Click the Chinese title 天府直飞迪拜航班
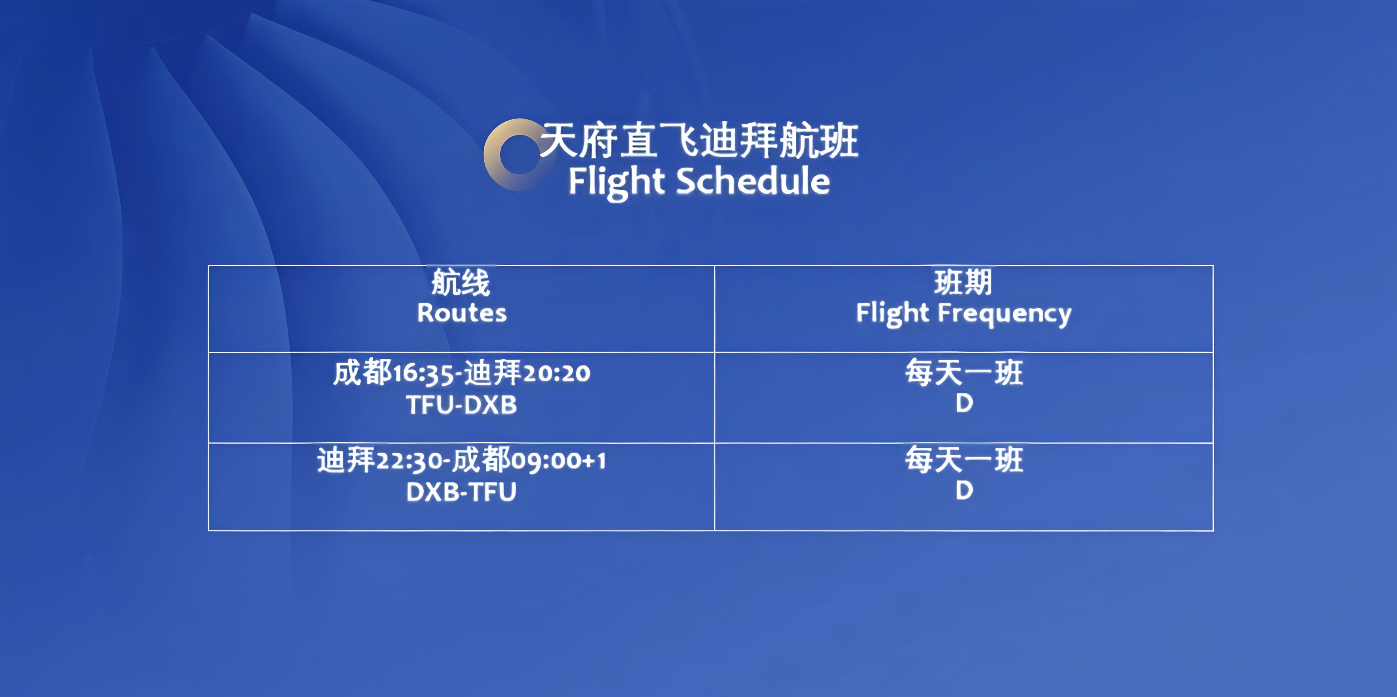(700, 140)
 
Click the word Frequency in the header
(1005, 314)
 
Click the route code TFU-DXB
(461, 405)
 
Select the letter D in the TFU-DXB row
(964, 403)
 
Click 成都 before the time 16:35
(362, 373)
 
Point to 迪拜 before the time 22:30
(346, 460)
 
